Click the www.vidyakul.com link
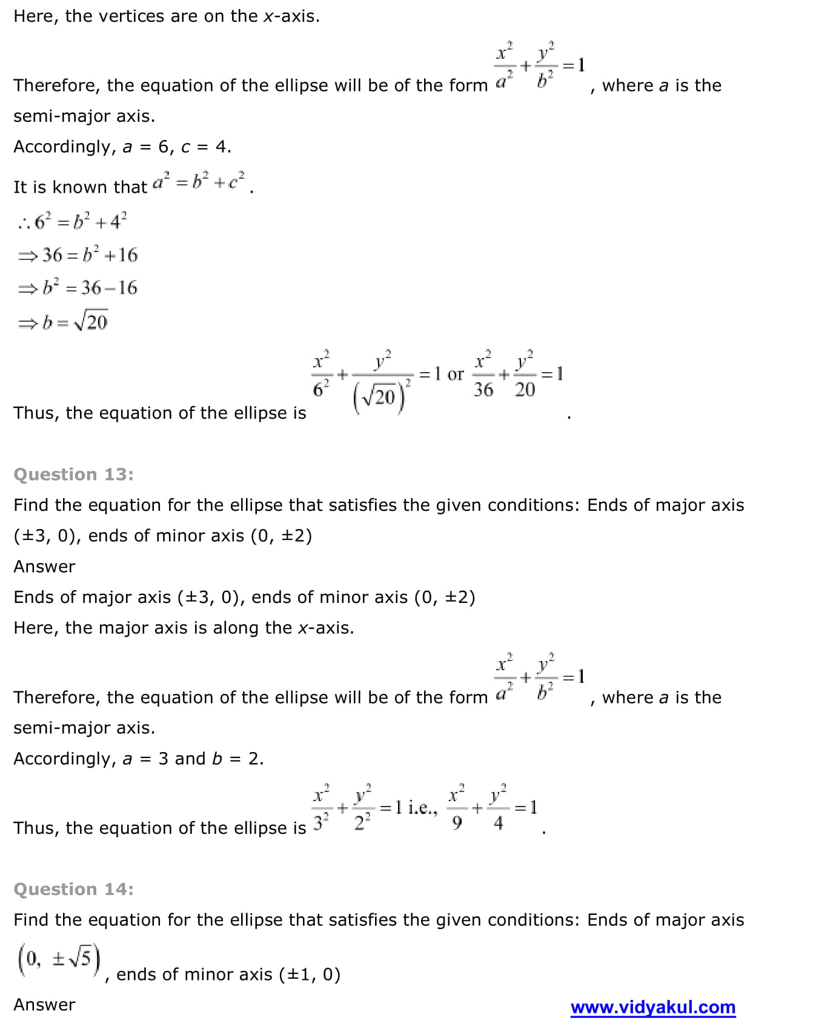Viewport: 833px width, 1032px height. tap(652, 1007)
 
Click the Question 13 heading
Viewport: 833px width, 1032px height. tap(73, 474)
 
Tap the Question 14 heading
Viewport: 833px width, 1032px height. tap(73, 889)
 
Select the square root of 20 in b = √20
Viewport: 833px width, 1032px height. tap(91, 321)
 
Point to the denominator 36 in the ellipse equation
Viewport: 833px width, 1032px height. tap(483, 390)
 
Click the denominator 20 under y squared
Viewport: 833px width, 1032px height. tap(525, 390)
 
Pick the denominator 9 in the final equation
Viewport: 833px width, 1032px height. tap(457, 823)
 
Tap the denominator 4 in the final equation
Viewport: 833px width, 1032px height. tap(498, 823)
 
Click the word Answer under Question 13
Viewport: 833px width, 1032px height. tap(44, 566)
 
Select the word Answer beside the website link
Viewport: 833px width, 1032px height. tap(44, 1004)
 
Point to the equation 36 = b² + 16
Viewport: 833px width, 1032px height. tap(79, 255)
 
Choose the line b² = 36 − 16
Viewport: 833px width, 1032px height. tap(79, 287)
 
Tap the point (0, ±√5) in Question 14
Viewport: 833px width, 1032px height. tap(59, 960)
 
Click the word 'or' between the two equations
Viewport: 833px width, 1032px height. tap(455, 375)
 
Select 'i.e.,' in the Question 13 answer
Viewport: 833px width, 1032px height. tap(423, 808)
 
